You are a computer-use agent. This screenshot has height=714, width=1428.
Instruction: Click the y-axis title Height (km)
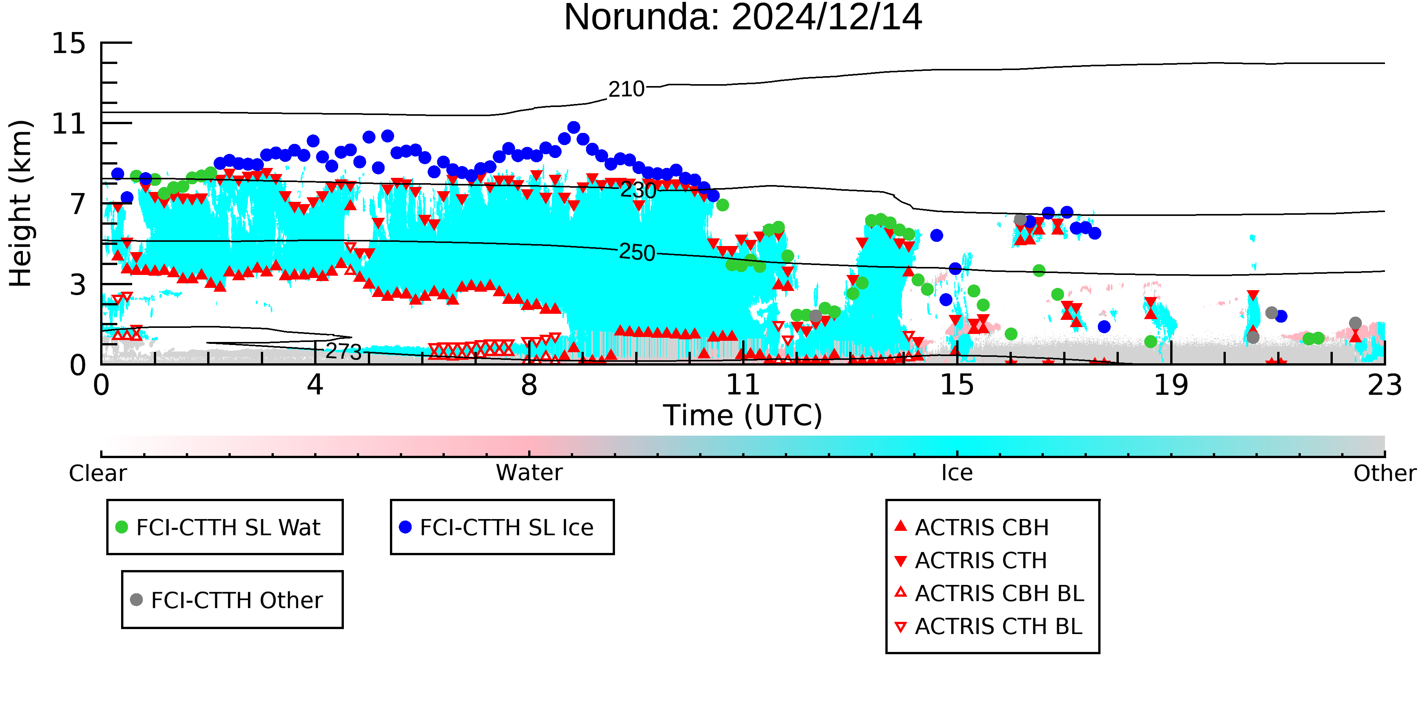click(21, 203)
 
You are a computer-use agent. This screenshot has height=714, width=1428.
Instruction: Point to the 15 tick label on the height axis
click(69, 43)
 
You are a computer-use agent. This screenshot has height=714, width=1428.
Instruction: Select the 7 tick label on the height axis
click(78, 204)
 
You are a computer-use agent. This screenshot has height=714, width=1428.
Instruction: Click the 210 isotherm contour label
click(626, 89)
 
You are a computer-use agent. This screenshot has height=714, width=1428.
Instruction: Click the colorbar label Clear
click(97, 473)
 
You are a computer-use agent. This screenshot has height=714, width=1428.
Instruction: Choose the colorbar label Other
click(1385, 473)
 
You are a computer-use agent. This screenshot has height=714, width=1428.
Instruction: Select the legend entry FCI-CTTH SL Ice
click(496, 527)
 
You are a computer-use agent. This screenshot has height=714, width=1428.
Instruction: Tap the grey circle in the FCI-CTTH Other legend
click(136, 599)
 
